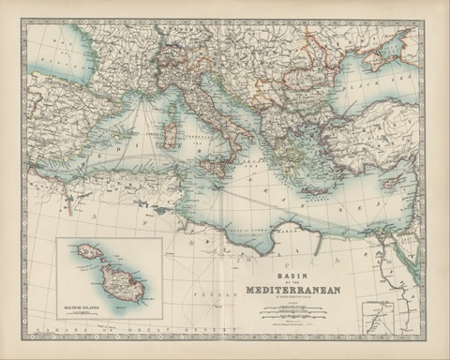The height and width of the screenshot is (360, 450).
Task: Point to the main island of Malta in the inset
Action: (x=123, y=281)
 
